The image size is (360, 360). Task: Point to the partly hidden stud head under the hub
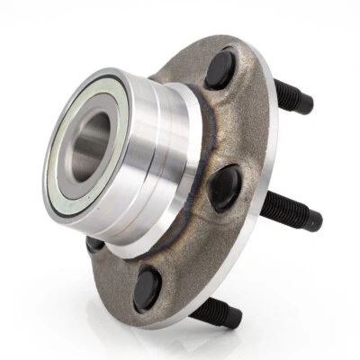(94, 243)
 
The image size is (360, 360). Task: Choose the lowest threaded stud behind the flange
(216, 311)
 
